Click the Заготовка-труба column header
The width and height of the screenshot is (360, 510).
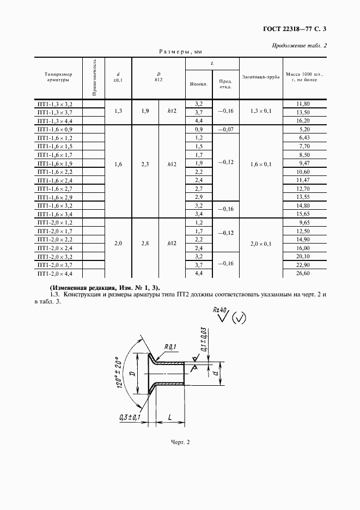(261, 77)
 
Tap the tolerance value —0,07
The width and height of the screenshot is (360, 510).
(225, 130)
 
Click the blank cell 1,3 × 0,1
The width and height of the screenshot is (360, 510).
(261, 112)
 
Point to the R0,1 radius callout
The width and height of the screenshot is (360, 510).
(170, 347)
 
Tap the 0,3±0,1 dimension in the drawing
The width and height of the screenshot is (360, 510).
(129, 417)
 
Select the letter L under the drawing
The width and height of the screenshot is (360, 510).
(170, 417)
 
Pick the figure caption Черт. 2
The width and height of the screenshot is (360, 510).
(180, 442)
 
